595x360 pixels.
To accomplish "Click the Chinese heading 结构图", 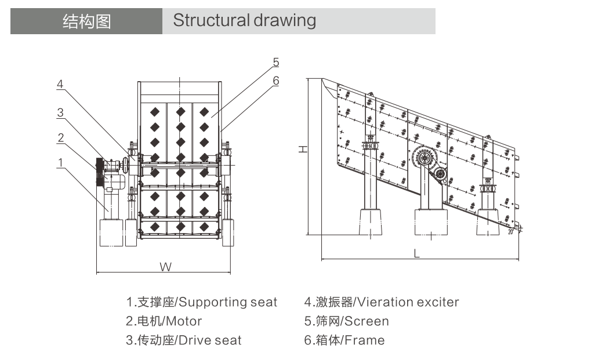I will [x=86, y=21].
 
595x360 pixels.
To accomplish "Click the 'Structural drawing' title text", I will [x=245, y=21].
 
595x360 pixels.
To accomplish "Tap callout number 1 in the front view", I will [x=60, y=163].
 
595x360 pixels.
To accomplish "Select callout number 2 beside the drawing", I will [x=60, y=137].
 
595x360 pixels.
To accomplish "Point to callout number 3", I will [x=60, y=113].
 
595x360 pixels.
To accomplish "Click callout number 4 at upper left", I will [x=60, y=84].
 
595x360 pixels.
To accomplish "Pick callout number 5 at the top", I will [x=276, y=61].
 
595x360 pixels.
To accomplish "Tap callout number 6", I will [x=276, y=81].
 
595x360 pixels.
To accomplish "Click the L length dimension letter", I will [x=416, y=253].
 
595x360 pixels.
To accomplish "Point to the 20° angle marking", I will [x=511, y=231].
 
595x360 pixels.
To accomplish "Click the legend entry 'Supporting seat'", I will [x=202, y=302].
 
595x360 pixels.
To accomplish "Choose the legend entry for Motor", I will [x=164, y=321].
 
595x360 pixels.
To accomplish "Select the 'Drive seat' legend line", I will [x=184, y=340].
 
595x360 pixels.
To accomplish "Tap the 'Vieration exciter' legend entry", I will [x=382, y=302].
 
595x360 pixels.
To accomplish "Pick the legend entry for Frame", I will [x=344, y=340].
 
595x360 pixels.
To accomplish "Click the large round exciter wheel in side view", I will [x=425, y=158].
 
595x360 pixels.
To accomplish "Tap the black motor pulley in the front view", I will [x=99, y=172].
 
